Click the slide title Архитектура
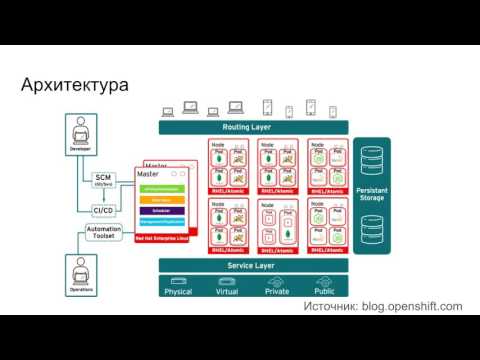coord(75,86)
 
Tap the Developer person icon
coord(81,130)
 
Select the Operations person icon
coord(81,269)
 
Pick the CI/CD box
coord(103,210)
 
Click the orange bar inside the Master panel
coord(161,200)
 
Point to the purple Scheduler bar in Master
coord(161,211)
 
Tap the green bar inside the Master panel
coord(161,188)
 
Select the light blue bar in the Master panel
coord(161,223)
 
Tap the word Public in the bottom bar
coord(325,291)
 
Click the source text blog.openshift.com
coord(412,307)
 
